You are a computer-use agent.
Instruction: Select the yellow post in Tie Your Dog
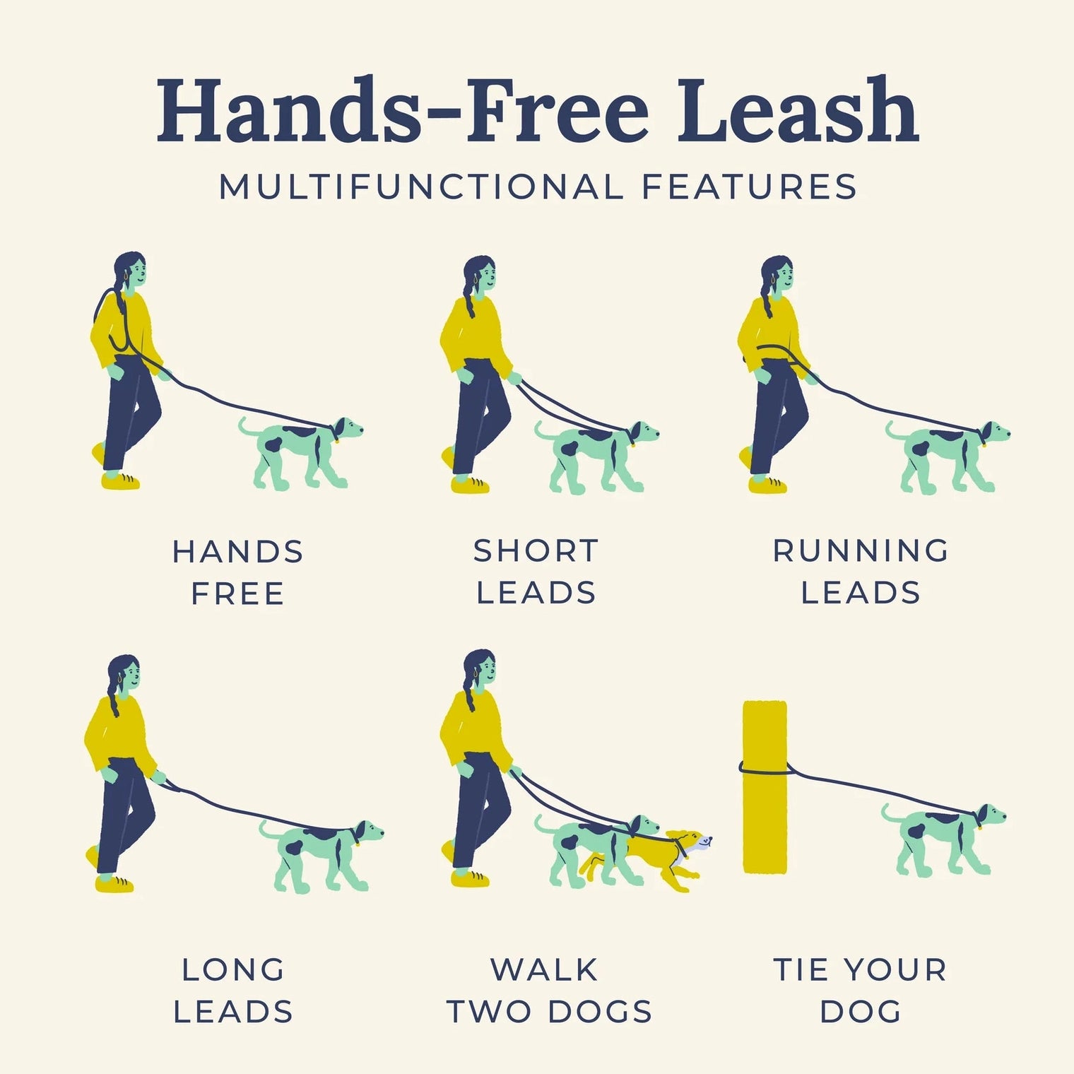point(764,786)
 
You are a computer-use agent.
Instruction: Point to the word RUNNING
point(861,551)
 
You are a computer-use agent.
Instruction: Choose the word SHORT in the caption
point(536,551)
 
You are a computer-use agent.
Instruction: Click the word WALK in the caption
point(544,970)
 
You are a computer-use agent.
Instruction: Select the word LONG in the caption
point(233,970)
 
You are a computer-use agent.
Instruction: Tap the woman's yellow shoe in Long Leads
point(114,884)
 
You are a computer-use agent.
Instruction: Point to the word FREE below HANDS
point(238,594)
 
